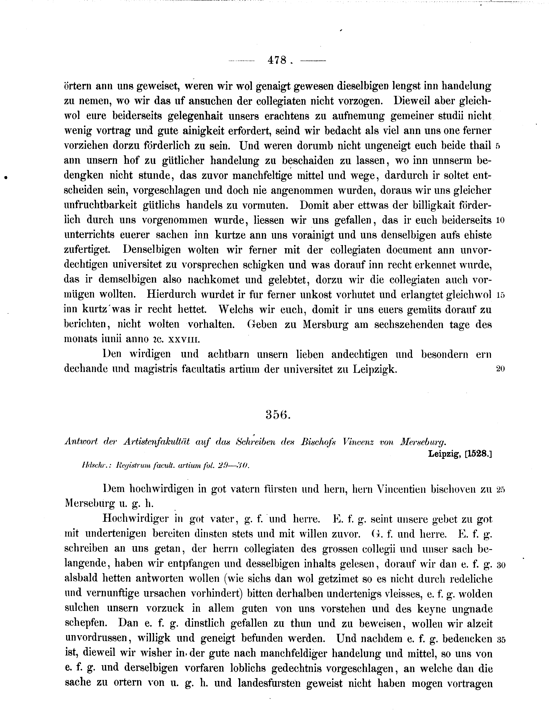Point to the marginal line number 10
click(x=500, y=220)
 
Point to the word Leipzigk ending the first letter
click(x=374, y=369)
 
